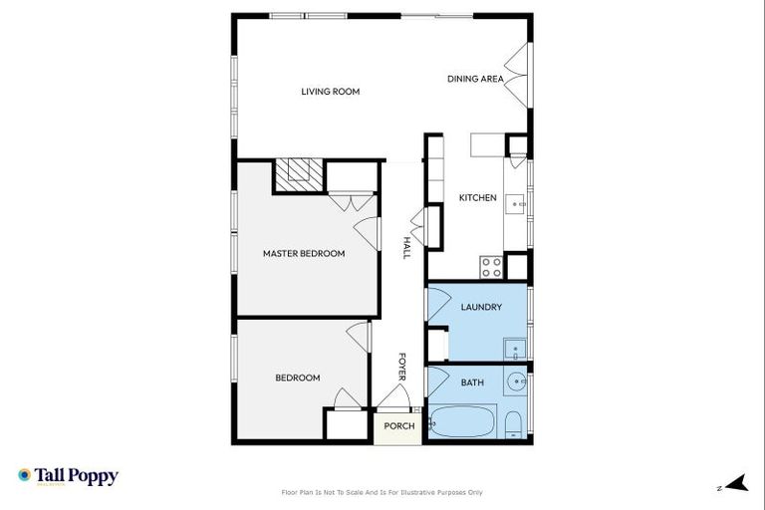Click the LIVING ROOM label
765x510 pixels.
tap(330, 92)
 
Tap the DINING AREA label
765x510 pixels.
tap(475, 79)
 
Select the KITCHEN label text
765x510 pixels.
tap(477, 198)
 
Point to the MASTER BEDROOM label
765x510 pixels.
tap(304, 254)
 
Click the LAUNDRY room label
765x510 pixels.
tap(480, 308)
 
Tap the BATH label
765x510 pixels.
tap(472, 382)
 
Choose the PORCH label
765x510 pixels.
tap(399, 427)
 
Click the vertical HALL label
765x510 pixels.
tap(406, 248)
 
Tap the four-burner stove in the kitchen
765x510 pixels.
tap(491, 267)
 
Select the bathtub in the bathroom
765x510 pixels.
tap(461, 422)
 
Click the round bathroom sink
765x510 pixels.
tap(516, 382)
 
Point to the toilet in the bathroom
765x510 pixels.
tap(512, 426)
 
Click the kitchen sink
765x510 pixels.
tap(517, 203)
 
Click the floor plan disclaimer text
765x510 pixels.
tap(382, 492)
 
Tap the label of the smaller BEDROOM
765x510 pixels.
tap(298, 378)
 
